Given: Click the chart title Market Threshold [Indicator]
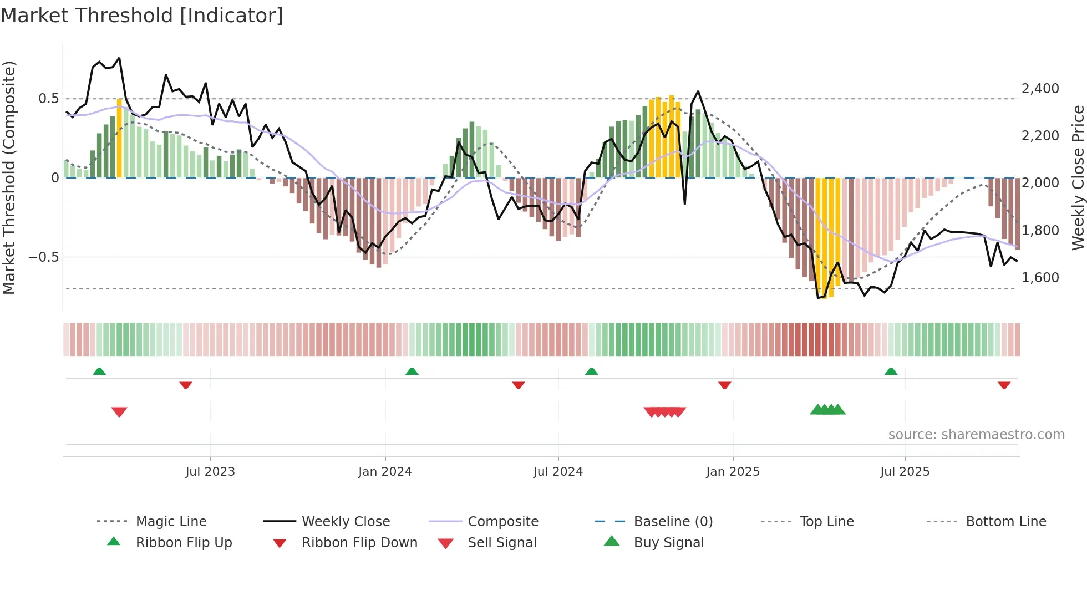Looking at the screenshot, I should coord(142,16).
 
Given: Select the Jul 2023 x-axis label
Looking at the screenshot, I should coord(210,472).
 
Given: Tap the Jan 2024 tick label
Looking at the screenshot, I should coord(385,472).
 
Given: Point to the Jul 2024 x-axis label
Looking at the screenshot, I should coord(558,472).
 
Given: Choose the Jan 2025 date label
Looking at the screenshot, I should coord(733,472).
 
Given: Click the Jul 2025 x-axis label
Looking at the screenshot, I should coord(905,472).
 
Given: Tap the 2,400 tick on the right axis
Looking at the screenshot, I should coord(1040,89).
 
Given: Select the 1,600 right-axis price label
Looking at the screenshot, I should coord(1040,278).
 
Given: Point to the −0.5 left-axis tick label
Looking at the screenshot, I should coord(43,257).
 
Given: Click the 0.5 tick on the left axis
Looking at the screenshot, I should coord(48,99).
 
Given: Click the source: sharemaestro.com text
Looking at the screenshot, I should coord(976,435).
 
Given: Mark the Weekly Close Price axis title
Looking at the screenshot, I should coord(1078,177).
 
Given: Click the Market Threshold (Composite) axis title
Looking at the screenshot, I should coord(9,177).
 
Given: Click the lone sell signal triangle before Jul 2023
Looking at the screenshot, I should coord(119,412).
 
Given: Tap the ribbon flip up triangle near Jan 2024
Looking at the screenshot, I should coord(412,371).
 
